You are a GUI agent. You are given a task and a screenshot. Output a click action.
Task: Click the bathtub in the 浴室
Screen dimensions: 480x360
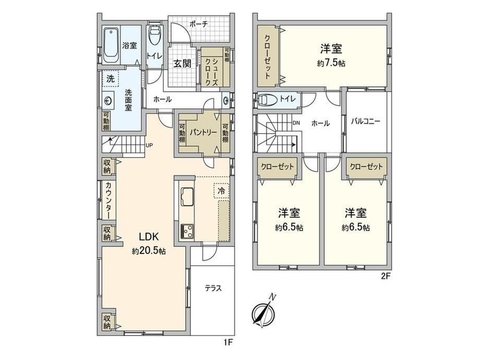(111, 45)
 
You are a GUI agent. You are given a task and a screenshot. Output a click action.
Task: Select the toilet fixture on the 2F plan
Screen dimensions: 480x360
(266, 100)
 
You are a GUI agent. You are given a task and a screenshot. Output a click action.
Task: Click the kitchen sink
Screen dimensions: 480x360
(187, 196)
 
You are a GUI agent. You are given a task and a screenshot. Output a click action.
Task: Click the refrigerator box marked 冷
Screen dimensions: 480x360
(221, 191)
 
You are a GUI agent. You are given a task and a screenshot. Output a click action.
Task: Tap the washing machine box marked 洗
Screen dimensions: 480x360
(110, 79)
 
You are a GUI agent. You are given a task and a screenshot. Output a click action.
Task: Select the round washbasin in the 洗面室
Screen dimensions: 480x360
(107, 100)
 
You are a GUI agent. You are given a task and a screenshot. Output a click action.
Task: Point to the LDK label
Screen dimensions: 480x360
(149, 237)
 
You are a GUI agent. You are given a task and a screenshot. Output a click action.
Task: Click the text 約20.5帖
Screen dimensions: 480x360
(149, 251)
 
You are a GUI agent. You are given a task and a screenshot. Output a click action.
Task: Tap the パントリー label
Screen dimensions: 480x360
(203, 132)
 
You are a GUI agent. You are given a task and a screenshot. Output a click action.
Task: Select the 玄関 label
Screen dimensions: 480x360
(183, 63)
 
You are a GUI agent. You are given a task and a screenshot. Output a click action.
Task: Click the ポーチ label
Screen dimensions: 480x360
(199, 24)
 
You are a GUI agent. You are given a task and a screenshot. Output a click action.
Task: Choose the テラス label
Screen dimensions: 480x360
(213, 288)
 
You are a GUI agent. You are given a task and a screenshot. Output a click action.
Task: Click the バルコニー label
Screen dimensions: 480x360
(366, 122)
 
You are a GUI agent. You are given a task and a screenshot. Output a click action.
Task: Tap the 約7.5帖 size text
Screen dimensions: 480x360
(331, 63)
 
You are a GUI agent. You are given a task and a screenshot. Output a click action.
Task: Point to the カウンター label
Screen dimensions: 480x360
(109, 200)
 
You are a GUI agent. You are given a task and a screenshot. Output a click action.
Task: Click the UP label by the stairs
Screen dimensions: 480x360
(149, 146)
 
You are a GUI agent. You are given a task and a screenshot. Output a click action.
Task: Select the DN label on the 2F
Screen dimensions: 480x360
(296, 123)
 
